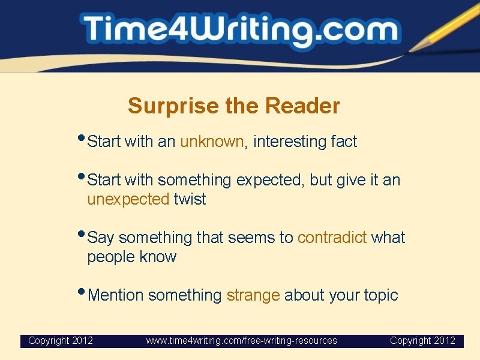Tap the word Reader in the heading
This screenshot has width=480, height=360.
[x=302, y=106]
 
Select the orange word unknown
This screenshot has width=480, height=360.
[x=212, y=142]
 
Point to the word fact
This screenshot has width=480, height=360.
[x=344, y=142]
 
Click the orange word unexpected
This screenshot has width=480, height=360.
[x=128, y=199]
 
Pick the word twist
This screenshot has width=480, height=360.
[x=190, y=199]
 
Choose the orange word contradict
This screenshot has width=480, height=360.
[x=332, y=238]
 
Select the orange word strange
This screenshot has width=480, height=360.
[x=253, y=295]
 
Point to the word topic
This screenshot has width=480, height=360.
[x=380, y=295]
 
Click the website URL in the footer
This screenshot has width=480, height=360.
[x=241, y=341]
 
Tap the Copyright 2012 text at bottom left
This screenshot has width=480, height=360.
[x=61, y=341]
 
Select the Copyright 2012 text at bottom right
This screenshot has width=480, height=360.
[x=422, y=341]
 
